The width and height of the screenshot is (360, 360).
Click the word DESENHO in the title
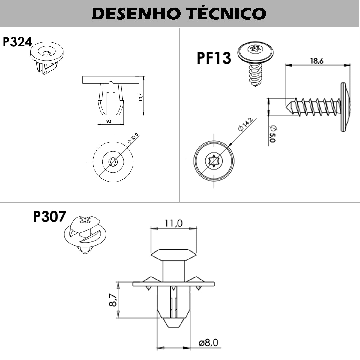(x=136, y=13)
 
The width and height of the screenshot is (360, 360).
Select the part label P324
(x=17, y=42)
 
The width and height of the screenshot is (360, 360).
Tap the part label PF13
(x=214, y=58)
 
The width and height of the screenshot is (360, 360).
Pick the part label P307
(x=49, y=216)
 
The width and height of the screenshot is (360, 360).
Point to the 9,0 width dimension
(x=109, y=121)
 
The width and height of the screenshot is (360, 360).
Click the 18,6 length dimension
(x=316, y=61)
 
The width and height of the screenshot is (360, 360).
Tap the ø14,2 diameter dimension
(x=245, y=124)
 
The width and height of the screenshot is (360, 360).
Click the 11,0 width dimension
(x=173, y=223)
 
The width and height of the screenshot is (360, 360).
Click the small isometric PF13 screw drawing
(x=255, y=63)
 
